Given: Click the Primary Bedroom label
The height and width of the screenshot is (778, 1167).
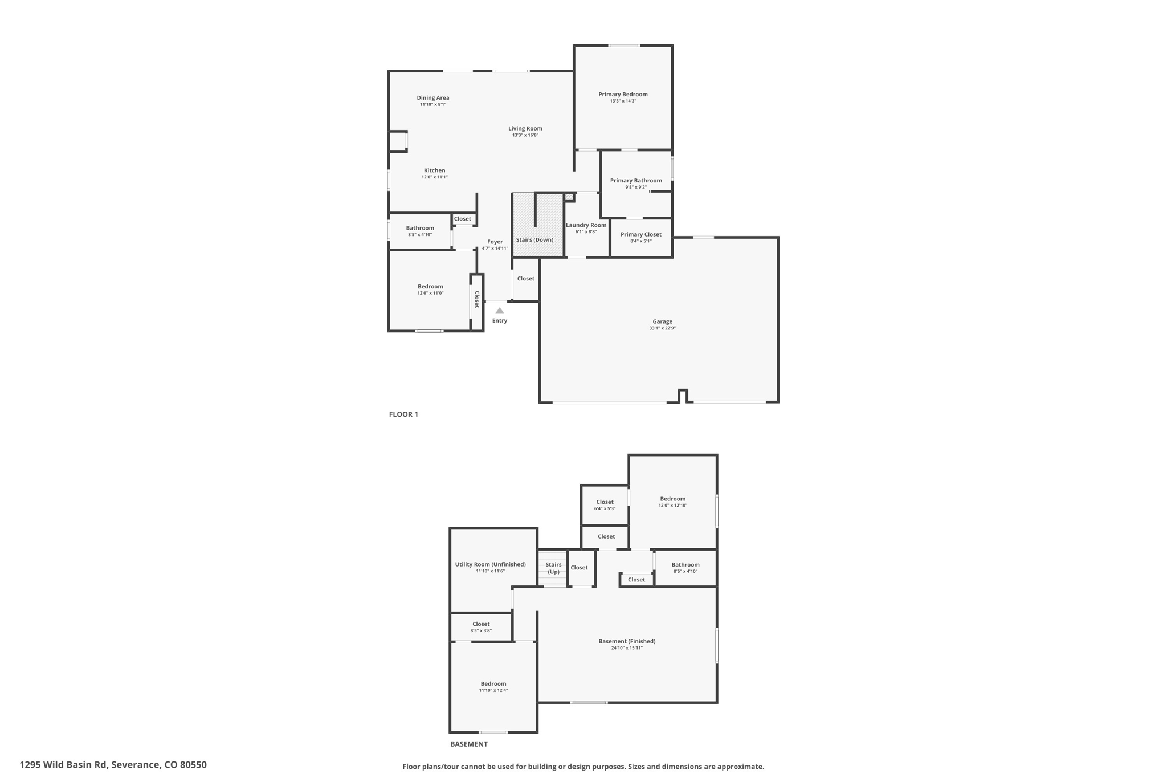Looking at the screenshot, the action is tap(623, 95).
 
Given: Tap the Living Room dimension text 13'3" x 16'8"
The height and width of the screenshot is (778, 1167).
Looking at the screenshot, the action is tap(525, 135).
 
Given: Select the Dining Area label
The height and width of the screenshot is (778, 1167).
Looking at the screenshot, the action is tap(433, 98).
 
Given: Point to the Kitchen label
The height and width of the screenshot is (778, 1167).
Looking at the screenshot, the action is tap(435, 170).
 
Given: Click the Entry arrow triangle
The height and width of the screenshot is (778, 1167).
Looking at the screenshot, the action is tap(500, 311).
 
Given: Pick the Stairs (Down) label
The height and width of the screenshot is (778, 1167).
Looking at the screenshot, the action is tap(534, 240).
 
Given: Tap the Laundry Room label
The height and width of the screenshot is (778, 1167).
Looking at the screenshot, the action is tap(586, 225).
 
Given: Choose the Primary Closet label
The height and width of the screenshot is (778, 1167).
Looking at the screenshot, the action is tap(641, 234).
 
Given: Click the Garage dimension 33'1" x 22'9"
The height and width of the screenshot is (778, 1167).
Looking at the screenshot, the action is tap(662, 328).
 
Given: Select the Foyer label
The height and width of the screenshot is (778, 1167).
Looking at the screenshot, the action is tap(495, 242).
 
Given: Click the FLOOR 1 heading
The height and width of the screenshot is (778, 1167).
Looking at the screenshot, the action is tap(403, 414).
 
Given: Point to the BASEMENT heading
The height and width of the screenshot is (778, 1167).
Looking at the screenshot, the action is tap(469, 744).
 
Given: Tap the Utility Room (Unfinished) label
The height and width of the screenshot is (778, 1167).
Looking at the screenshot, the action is tap(491, 564).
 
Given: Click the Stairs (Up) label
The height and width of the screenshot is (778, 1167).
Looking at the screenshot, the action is tap(554, 568).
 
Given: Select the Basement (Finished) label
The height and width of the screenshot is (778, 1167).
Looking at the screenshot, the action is tap(627, 641).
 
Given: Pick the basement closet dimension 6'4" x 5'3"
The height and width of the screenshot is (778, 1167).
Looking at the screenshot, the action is tap(605, 508).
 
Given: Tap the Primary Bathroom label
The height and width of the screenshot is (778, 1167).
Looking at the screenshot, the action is tap(636, 181).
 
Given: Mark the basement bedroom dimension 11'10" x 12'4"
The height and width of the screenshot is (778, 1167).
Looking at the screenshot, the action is tap(493, 690).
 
